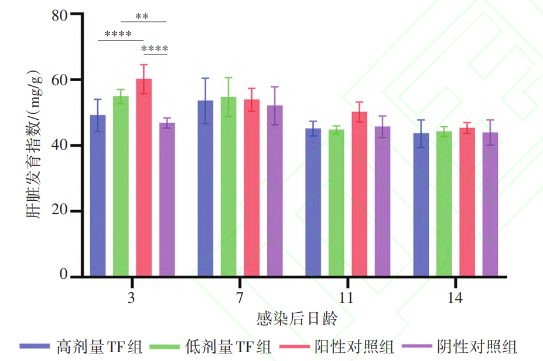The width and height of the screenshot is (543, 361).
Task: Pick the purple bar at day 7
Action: pyautogui.click(x=275, y=191)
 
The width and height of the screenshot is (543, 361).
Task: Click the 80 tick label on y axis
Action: pyautogui.click(x=58, y=15)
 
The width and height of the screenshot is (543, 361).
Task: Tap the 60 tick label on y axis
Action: pyautogui.click(x=58, y=80)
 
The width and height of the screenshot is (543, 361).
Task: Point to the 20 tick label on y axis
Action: pyautogui.click(x=58, y=211)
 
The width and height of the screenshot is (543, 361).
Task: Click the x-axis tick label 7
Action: pyautogui.click(x=240, y=298)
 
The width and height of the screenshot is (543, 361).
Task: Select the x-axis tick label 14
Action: pyautogui.click(x=455, y=298)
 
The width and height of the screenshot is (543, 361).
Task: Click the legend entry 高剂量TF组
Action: pyautogui.click(x=99, y=346)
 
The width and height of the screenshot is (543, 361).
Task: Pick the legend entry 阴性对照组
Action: pyautogui.click(x=477, y=346)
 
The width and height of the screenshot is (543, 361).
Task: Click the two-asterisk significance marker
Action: pyautogui.click(x=143, y=16)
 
